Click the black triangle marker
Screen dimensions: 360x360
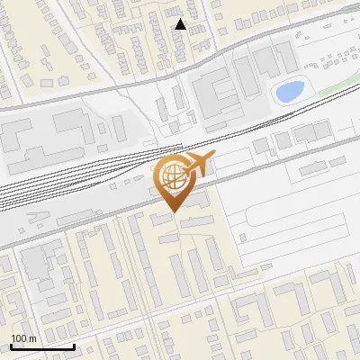(x=180, y=24)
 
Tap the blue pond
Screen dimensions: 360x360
(x=289, y=91)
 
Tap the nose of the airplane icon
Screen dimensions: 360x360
(x=213, y=158)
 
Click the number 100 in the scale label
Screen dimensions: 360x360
(x=19, y=338)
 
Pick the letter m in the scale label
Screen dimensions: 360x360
(x=32, y=338)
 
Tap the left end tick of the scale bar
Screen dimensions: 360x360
(x=11, y=345)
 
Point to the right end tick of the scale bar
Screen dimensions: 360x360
(x=74, y=345)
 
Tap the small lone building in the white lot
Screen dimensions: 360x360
(x=242, y=238)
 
